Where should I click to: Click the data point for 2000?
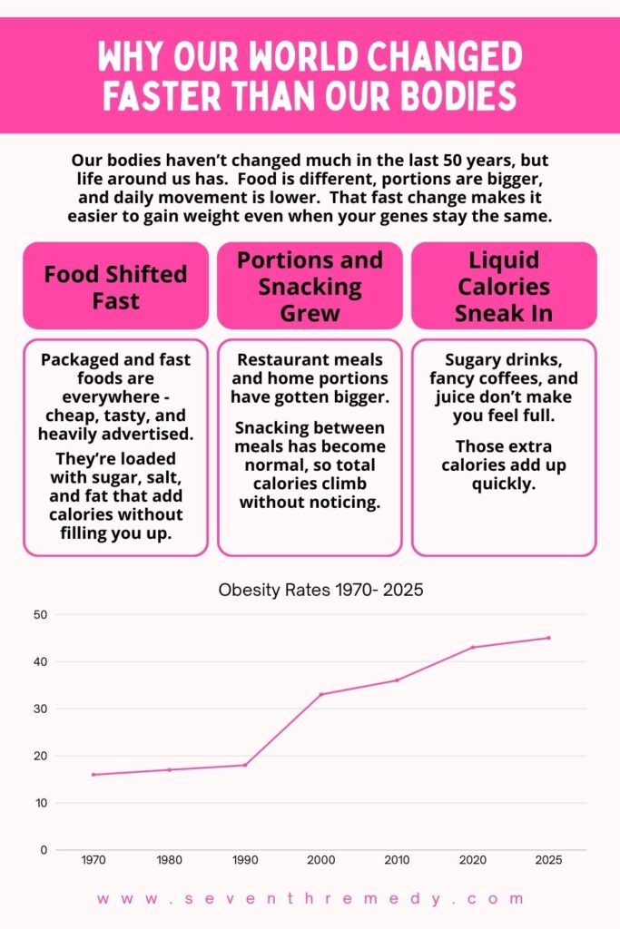320,694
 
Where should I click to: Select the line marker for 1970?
93,774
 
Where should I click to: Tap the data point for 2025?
548,638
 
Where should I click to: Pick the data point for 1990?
245,765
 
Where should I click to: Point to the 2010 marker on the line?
397,680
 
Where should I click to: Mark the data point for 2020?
473,647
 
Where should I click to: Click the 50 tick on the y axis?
40,614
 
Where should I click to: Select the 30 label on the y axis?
40,709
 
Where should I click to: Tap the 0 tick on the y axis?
43,850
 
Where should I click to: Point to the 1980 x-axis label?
169,860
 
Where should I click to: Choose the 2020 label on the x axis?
473,860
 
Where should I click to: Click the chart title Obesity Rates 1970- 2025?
321,590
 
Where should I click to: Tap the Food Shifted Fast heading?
115,287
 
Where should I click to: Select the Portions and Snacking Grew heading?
310,287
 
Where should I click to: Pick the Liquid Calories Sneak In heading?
504,287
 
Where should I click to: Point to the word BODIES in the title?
457,94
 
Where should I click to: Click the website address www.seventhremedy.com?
310,899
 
